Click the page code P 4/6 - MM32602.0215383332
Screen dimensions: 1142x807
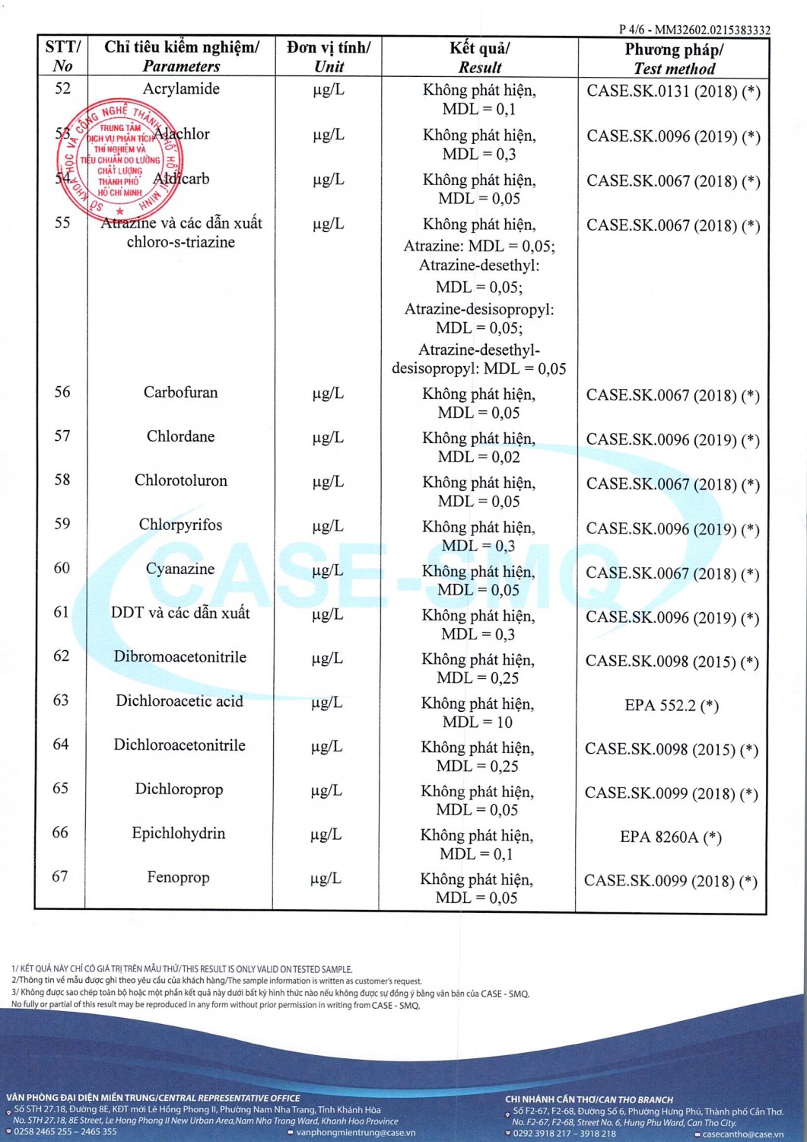(x=694, y=30)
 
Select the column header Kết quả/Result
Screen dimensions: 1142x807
(x=479, y=57)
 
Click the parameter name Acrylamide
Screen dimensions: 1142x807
(x=181, y=89)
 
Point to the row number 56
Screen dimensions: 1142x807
(x=62, y=392)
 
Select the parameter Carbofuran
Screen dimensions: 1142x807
(x=180, y=393)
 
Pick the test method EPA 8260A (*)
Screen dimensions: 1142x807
(x=671, y=837)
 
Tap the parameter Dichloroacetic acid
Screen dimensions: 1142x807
(x=180, y=701)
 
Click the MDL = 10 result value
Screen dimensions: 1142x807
(x=478, y=722)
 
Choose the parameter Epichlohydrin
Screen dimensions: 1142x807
(x=179, y=834)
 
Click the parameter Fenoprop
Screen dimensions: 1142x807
(x=178, y=878)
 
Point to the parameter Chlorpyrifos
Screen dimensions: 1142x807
(x=180, y=525)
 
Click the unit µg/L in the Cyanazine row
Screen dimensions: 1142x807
(x=328, y=570)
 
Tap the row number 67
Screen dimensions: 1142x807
(x=60, y=877)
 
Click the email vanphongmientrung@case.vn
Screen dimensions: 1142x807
(x=351, y=1133)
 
